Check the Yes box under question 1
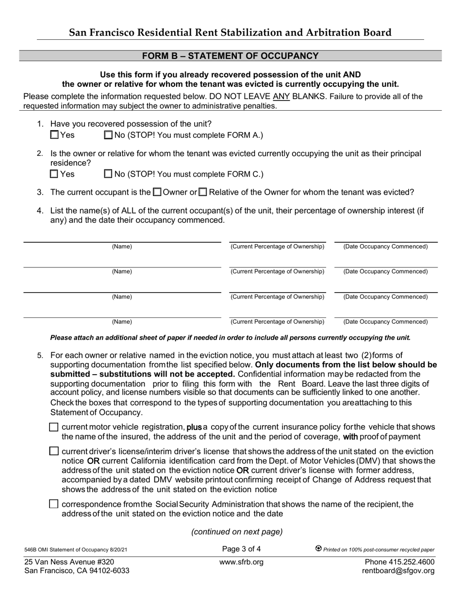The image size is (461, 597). click(54, 135)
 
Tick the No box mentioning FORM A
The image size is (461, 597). click(108, 135)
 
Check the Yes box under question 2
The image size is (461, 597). click(54, 174)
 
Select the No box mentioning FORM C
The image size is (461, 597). click(108, 174)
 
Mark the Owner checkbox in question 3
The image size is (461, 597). click(157, 192)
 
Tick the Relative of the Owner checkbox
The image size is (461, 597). click(203, 192)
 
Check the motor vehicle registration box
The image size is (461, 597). click(54, 427)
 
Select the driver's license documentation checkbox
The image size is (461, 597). click(54, 451)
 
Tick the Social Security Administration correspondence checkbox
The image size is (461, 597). click(54, 504)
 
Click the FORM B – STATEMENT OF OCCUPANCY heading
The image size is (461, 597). click(230, 56)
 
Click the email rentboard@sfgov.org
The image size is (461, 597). click(398, 571)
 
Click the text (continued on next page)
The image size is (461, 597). click(237, 531)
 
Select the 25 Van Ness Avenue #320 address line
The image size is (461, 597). click(69, 562)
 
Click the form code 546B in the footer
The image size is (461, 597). click(32, 549)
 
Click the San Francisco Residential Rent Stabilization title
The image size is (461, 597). click(230, 33)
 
